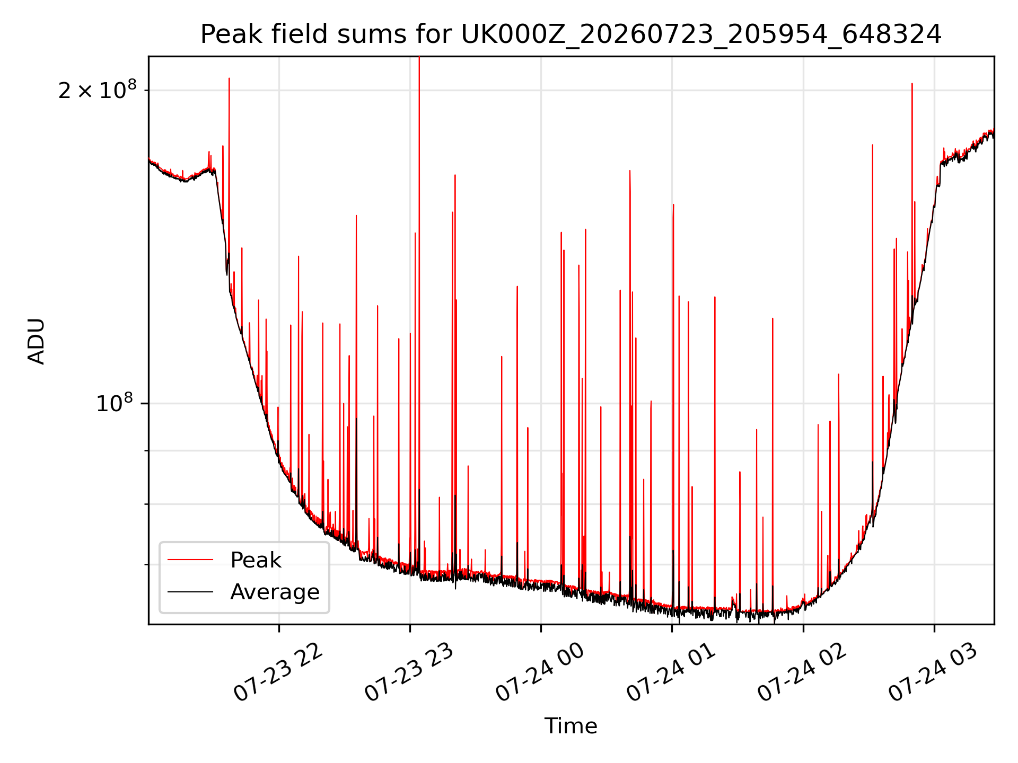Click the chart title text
[571, 35]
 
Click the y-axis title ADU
[37, 341]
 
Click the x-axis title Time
[571, 726]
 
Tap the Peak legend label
[256, 560]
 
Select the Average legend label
[275, 592]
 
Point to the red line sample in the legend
[190, 560]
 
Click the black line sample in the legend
[190, 592]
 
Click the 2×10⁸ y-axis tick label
[97, 90]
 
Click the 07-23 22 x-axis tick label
[278, 673]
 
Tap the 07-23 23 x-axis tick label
[409, 673]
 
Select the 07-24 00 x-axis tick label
[540, 673]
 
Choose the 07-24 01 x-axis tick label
[671, 673]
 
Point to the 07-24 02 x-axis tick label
[802, 673]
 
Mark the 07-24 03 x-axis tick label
[933, 673]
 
